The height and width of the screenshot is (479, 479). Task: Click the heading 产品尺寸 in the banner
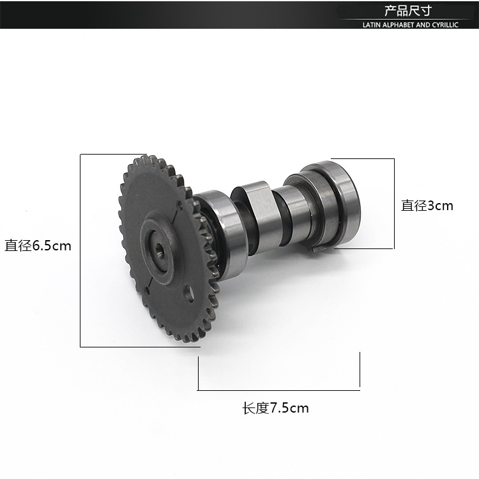pyautogui.click(x=408, y=11)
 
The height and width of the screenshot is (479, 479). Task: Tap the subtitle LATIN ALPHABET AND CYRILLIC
pyautogui.click(x=410, y=25)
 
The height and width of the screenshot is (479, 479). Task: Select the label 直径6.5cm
pyautogui.click(x=38, y=246)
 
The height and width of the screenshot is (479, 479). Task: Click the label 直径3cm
pyautogui.click(x=427, y=206)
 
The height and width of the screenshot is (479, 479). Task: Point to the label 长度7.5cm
pyautogui.click(x=275, y=408)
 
